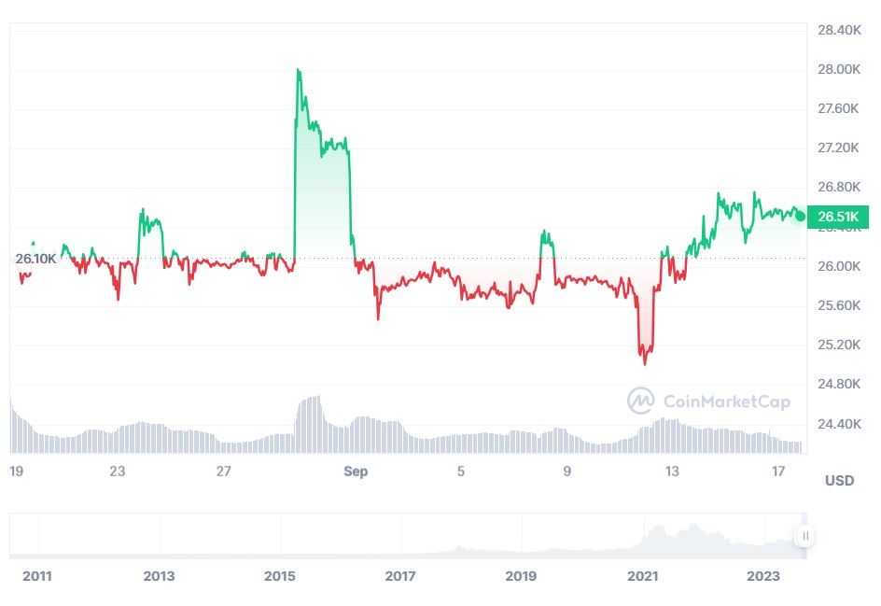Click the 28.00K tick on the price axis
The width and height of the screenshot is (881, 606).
click(x=838, y=70)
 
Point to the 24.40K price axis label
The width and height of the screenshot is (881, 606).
click(x=838, y=424)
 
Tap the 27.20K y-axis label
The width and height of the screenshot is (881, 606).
click(x=838, y=148)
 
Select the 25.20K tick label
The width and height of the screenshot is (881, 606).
click(x=838, y=345)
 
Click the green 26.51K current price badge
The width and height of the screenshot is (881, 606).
click(x=838, y=218)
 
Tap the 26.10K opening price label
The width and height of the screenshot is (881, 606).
click(x=35, y=259)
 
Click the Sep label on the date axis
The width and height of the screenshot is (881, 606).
click(x=356, y=472)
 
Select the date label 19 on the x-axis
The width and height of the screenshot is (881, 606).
click(x=16, y=472)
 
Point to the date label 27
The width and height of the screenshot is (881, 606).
click(x=223, y=472)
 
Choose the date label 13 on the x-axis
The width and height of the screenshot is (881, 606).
click(x=673, y=472)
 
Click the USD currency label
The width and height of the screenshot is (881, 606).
click(x=839, y=481)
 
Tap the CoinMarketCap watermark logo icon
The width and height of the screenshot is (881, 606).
click(x=640, y=402)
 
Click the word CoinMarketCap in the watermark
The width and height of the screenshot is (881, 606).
click(x=726, y=402)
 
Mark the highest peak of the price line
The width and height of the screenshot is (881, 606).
click(x=298, y=70)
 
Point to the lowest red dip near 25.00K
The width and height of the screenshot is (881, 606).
click(x=645, y=363)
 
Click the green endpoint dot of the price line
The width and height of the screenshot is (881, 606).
click(x=800, y=216)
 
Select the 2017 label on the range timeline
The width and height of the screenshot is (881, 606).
click(x=400, y=576)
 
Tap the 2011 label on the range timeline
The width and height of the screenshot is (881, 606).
click(x=37, y=576)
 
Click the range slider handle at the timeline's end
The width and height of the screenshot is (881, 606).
click(x=804, y=536)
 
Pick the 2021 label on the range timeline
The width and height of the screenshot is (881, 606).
click(x=642, y=576)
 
